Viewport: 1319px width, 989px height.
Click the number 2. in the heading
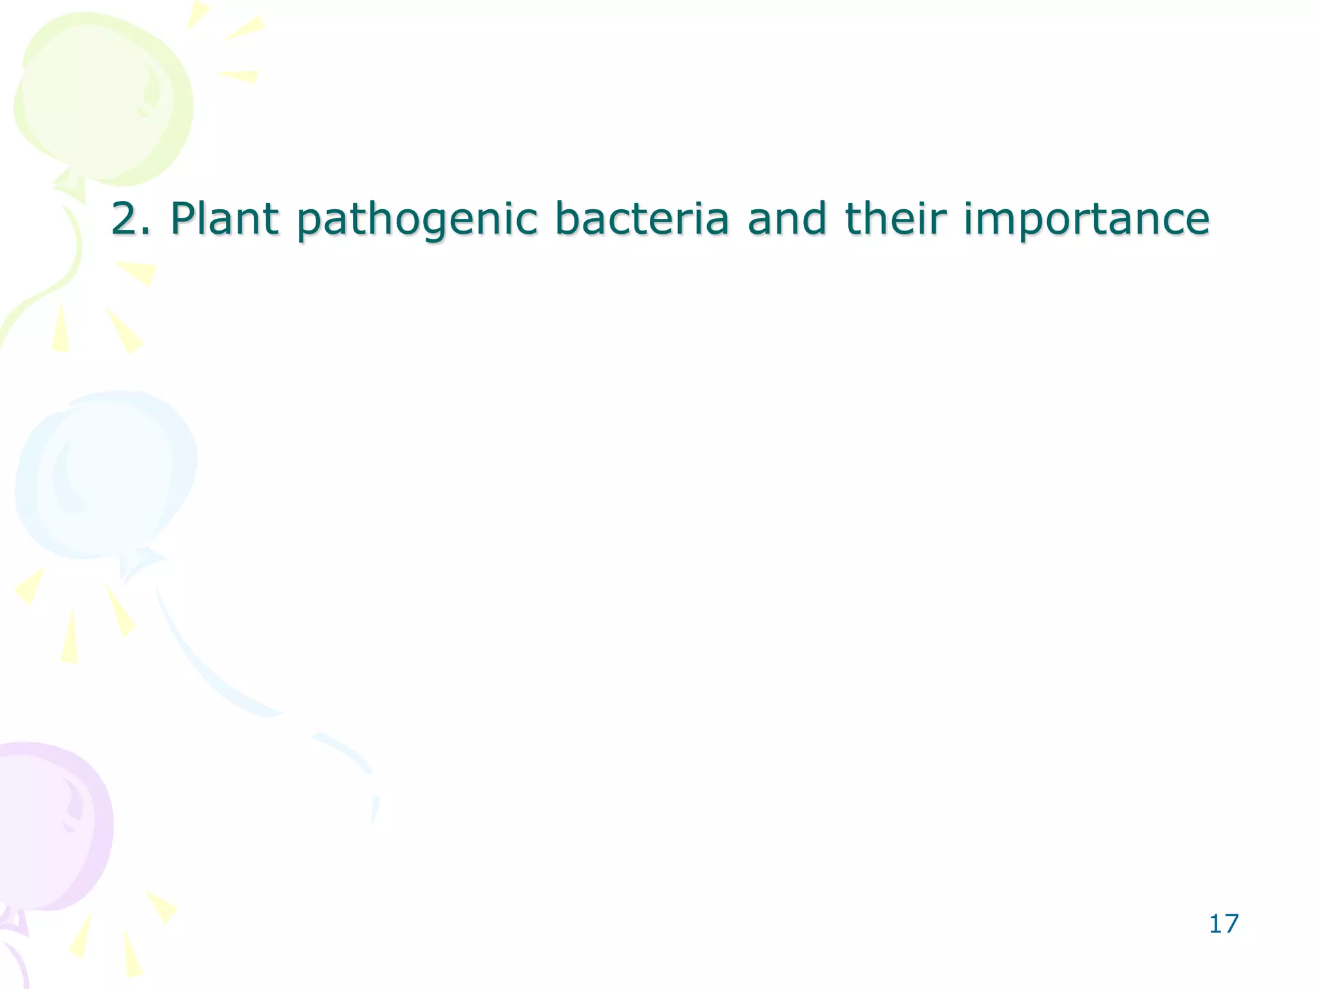(x=131, y=219)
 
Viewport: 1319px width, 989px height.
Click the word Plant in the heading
(x=224, y=219)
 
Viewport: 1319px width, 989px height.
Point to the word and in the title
(x=786, y=219)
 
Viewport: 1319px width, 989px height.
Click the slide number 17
(x=1223, y=924)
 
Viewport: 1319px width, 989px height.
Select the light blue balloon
(x=106, y=473)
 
